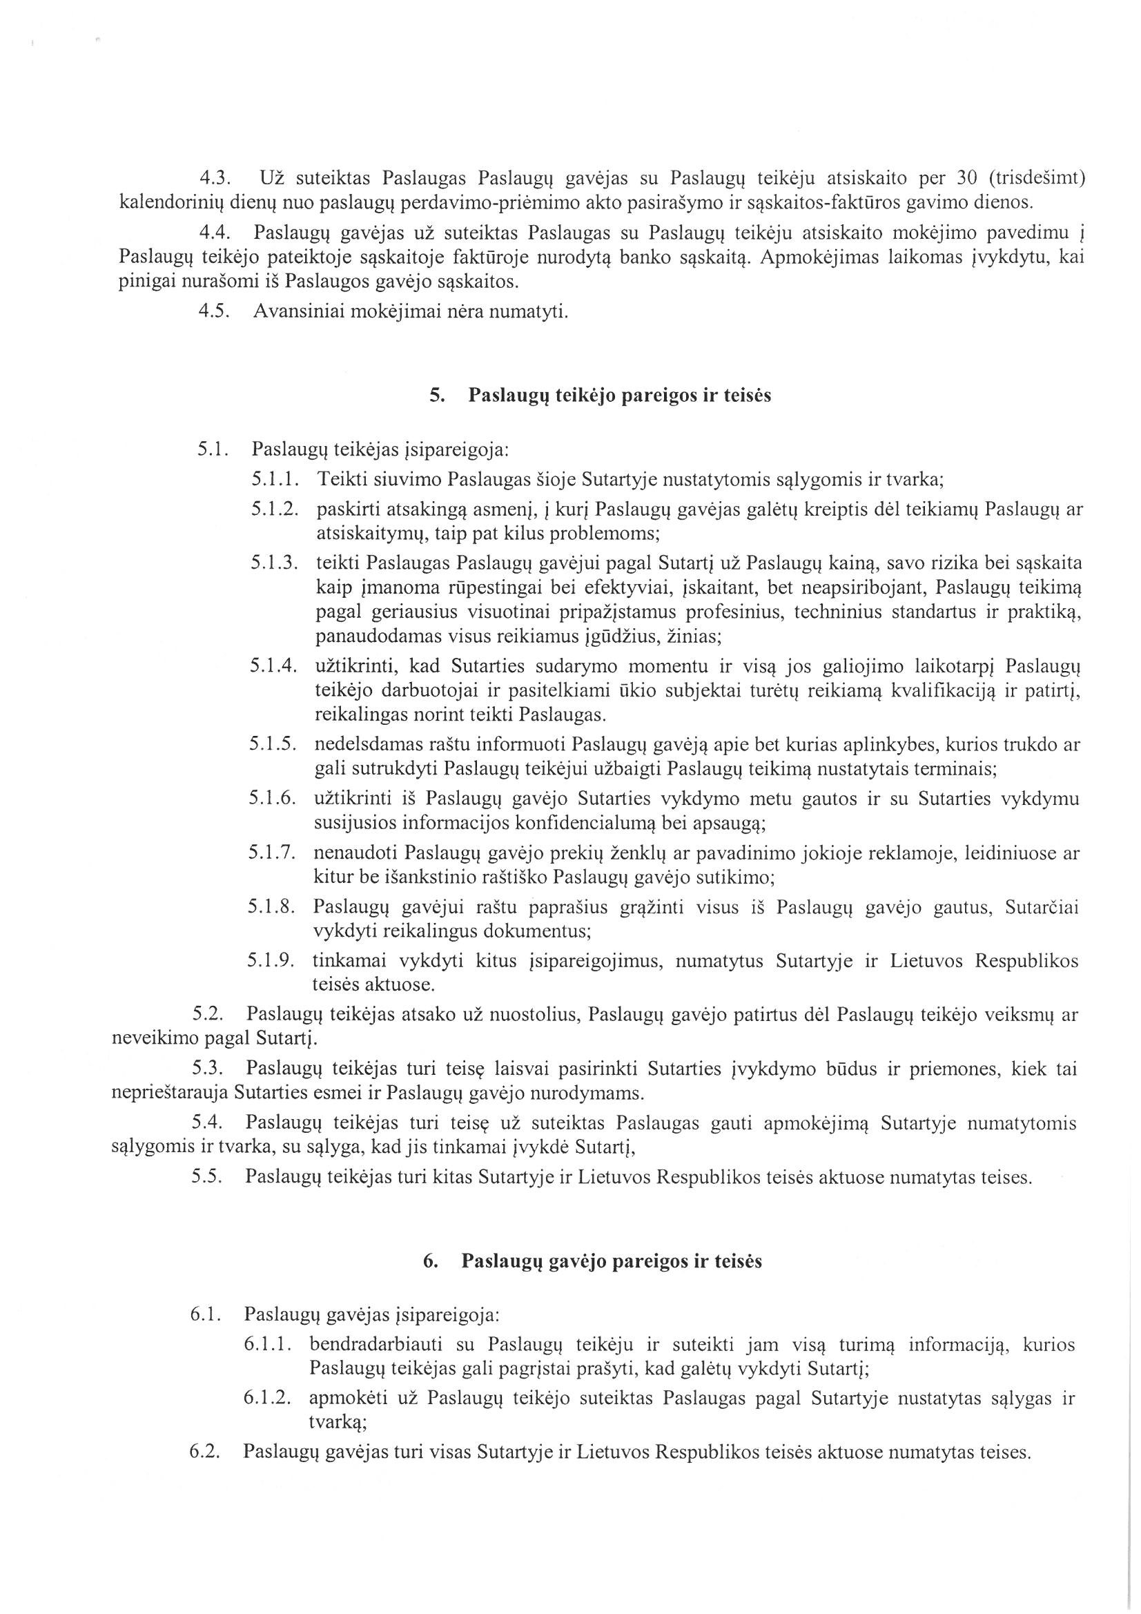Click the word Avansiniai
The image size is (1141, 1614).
point(294,311)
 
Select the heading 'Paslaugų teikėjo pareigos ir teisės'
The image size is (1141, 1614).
point(619,396)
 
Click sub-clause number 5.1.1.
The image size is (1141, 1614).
point(275,480)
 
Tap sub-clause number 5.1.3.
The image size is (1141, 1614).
point(275,563)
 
